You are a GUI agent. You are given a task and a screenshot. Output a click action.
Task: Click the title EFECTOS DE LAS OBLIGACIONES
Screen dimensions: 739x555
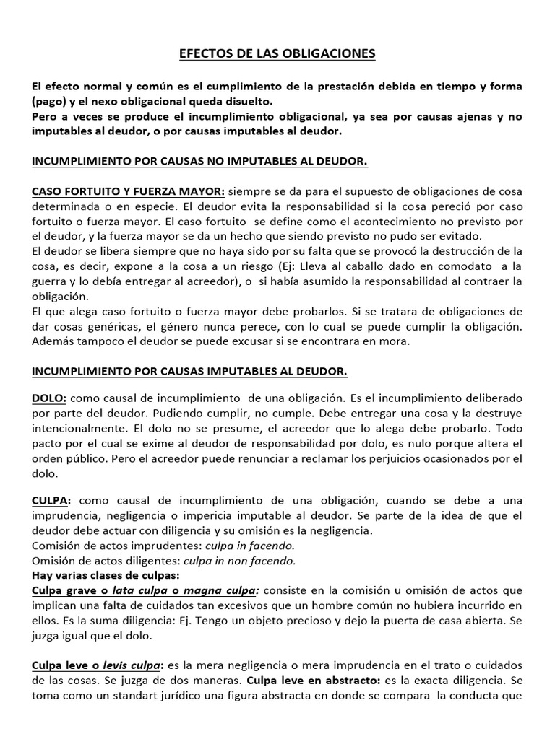tap(277, 53)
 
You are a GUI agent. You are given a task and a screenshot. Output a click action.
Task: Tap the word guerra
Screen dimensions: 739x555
tap(48, 281)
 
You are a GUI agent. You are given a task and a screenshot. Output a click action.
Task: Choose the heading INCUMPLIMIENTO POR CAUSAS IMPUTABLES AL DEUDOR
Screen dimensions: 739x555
tap(189, 372)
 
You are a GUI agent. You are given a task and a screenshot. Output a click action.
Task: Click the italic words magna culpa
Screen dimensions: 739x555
tap(210, 591)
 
